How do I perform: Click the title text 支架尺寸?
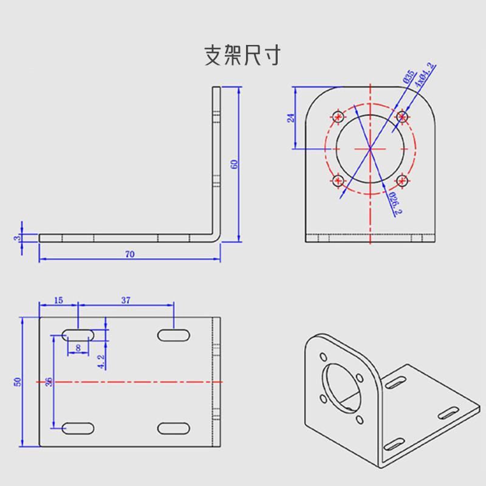242,55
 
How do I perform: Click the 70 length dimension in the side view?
129,254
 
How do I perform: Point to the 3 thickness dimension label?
17,238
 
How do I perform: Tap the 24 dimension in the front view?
290,118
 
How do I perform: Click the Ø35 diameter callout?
408,77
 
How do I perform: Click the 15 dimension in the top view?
58,300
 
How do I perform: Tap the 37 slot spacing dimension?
126,300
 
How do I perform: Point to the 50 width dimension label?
18,382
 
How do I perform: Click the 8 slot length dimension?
78,347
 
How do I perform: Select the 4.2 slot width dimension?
101,361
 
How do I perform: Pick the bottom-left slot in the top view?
78,428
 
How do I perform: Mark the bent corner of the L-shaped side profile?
216,235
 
